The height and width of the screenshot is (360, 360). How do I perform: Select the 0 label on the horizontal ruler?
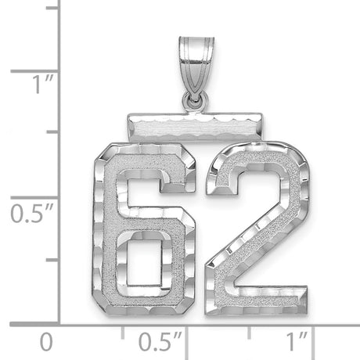(48, 342)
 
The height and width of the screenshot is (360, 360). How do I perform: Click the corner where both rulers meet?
(60, 322)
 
